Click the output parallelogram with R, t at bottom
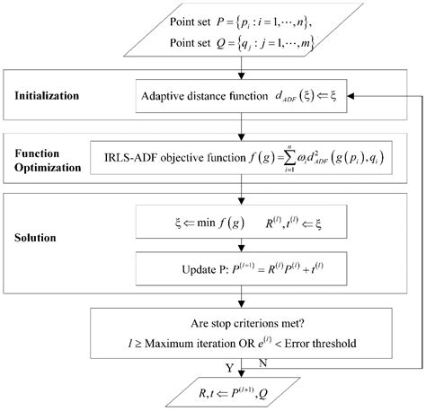pyautogui.click(x=238, y=391)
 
